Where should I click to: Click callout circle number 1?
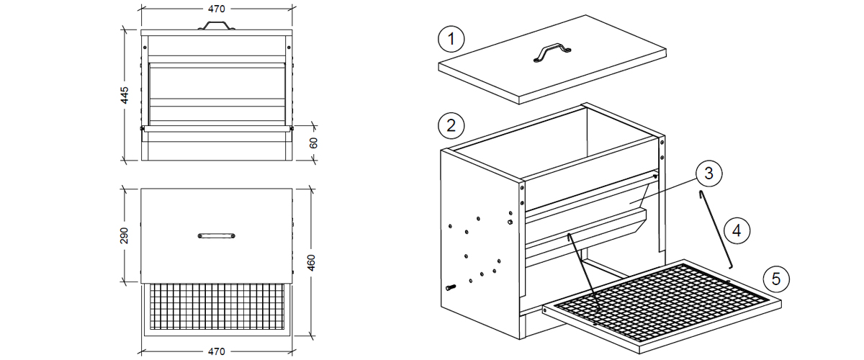451,39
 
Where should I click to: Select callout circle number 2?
451,125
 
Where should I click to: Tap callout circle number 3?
708,173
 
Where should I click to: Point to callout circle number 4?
736,231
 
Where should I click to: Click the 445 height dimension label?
125,96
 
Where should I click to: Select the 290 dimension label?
125,235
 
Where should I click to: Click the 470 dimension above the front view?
217,9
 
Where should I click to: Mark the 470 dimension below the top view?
217,352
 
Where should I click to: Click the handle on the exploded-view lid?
552,52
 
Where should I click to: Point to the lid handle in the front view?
217,26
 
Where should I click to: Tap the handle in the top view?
217,235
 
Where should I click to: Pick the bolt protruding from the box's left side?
451,287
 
